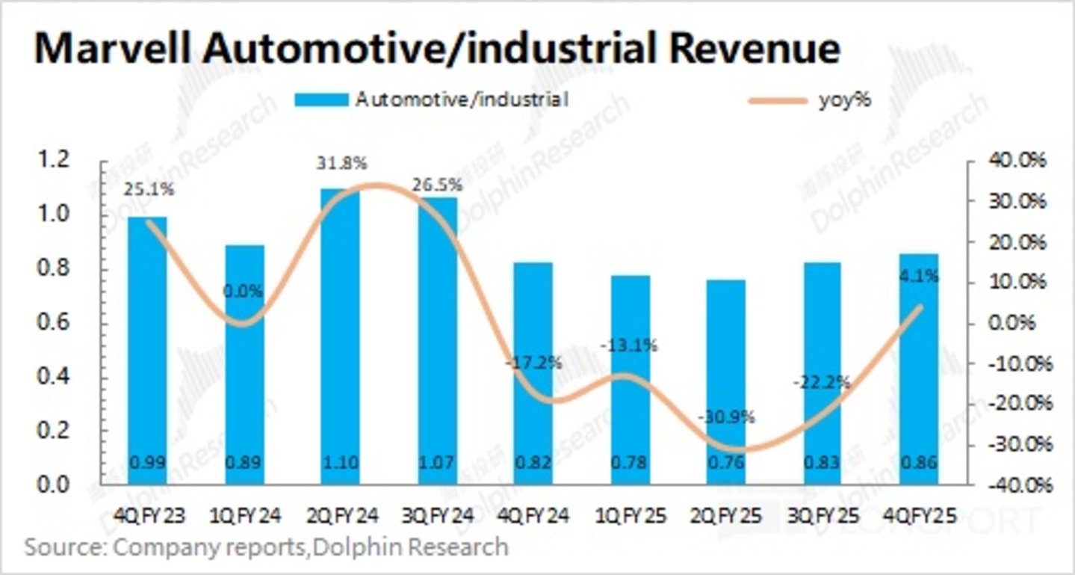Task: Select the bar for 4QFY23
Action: pyautogui.click(x=147, y=351)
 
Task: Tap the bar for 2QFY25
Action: pyautogui.click(x=725, y=381)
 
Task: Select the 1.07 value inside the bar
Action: pyautogui.click(x=437, y=463)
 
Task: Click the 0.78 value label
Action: pyautogui.click(x=630, y=463)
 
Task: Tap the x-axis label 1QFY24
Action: pyautogui.click(x=244, y=516)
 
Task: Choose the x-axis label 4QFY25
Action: pyautogui.click(x=920, y=516)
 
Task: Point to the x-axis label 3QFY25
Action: pyautogui.click(x=822, y=516)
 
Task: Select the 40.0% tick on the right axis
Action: pyautogui.click(x=1014, y=161)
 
